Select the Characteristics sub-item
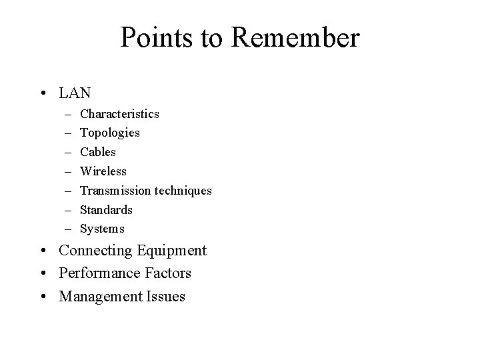click(x=119, y=114)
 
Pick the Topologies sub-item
click(x=110, y=133)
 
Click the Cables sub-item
click(x=98, y=152)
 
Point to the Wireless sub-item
click(x=103, y=171)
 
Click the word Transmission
click(x=115, y=191)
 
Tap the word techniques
click(x=183, y=191)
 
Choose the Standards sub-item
click(x=106, y=210)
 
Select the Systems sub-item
click(x=102, y=229)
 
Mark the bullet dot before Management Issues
click(x=43, y=297)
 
